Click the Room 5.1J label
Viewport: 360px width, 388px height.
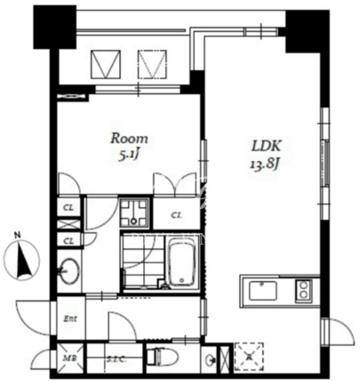click(x=129, y=147)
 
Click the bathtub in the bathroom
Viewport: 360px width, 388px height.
click(x=182, y=262)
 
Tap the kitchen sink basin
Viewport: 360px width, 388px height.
click(x=263, y=291)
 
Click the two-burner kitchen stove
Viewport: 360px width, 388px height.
click(x=303, y=290)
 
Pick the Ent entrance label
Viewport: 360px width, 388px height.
click(x=71, y=319)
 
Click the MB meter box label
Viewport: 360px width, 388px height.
click(x=70, y=358)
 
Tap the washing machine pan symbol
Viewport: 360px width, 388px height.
click(x=134, y=213)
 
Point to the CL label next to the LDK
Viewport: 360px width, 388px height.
click(x=177, y=215)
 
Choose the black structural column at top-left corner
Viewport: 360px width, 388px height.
click(x=55, y=27)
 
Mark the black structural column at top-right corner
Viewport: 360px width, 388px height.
click(x=308, y=31)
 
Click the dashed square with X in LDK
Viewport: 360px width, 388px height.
click(x=249, y=357)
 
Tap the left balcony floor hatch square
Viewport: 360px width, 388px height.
click(x=106, y=64)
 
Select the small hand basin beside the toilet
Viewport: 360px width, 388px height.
click(x=211, y=360)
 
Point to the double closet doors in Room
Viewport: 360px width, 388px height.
click(x=175, y=184)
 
